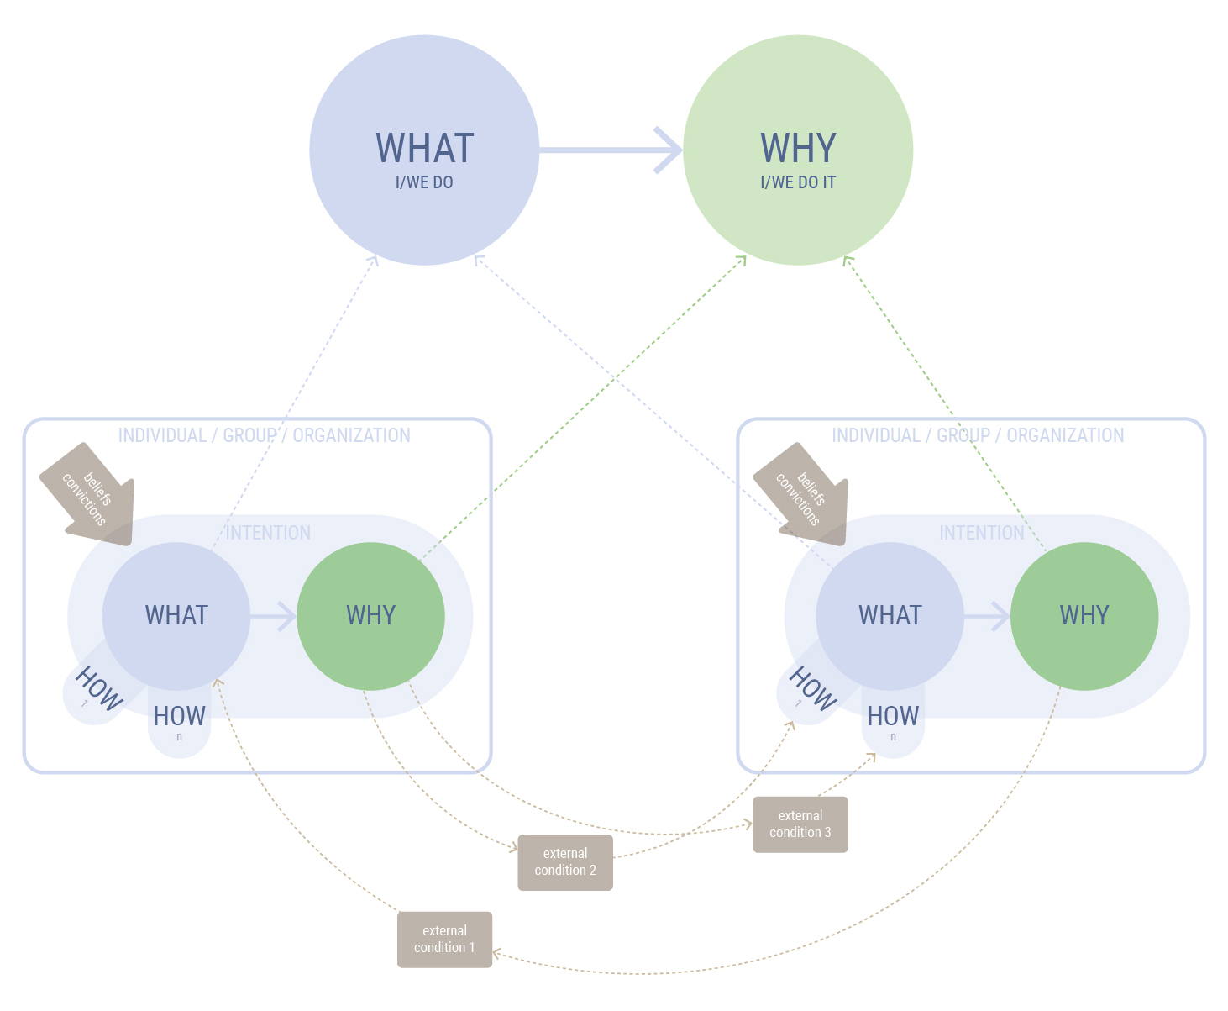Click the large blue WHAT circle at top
tap(424, 150)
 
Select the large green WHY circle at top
tap(798, 150)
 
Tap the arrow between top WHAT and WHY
tap(611, 150)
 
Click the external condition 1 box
tap(444, 940)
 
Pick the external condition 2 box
tap(565, 862)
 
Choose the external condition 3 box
tap(800, 824)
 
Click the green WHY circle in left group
tap(370, 616)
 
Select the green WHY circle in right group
tap(1084, 616)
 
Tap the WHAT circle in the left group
tap(176, 616)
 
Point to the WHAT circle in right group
tap(890, 616)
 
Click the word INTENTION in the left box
tap(268, 533)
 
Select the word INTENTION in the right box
tap(981, 533)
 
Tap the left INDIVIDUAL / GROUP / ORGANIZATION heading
tap(264, 435)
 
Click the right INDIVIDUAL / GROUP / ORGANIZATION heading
tap(978, 435)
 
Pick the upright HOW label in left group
tap(179, 717)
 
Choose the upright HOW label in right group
tap(893, 717)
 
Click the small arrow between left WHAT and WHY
tap(274, 616)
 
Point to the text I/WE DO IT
tap(798, 182)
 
